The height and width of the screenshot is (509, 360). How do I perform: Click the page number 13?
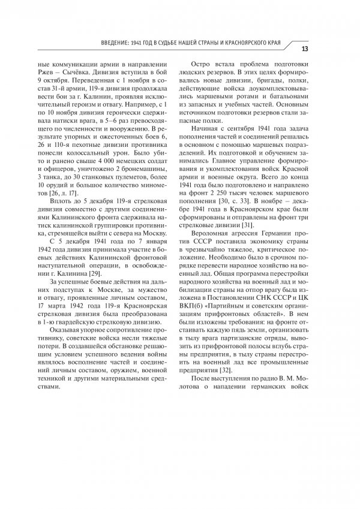coord(304,49)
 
